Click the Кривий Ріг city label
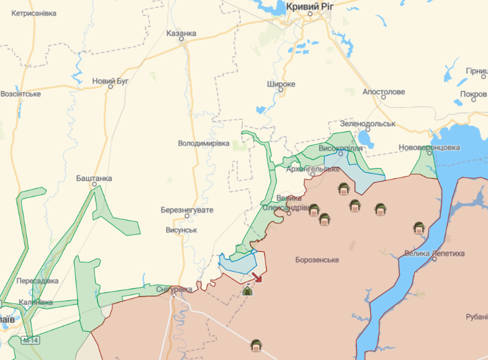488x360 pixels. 310,6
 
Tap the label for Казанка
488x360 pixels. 182,34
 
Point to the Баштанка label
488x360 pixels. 94,178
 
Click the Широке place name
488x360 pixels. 281,84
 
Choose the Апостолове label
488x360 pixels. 384,92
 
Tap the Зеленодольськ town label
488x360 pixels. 367,124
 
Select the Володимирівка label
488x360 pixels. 204,143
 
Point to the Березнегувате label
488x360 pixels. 186,210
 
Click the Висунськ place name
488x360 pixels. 182,230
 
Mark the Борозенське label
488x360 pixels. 317,260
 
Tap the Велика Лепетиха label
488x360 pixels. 435,254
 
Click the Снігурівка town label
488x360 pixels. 173,289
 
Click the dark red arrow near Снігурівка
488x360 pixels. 257,277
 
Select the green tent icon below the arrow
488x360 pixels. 247,289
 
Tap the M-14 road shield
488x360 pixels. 29,340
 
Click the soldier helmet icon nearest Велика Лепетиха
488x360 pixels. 419,228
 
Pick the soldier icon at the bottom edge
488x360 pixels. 256,345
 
